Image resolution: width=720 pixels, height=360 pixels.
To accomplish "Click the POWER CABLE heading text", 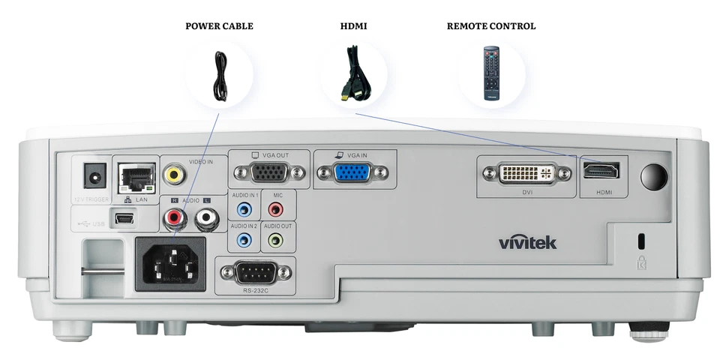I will (x=219, y=26).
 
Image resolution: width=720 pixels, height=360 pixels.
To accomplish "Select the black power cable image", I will (x=219, y=75).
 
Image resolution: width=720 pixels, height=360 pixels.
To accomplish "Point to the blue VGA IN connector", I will (x=352, y=173).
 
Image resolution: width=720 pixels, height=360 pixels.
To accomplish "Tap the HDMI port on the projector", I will (x=601, y=171).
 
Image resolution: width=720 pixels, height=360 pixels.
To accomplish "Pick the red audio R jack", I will (x=175, y=219).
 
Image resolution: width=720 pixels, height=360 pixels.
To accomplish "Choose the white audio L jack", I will (x=205, y=219).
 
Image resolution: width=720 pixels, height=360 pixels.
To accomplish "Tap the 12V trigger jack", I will (x=94, y=178).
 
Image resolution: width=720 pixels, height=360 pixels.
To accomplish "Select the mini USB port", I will (x=124, y=219).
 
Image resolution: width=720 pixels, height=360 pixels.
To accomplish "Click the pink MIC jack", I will (x=276, y=209).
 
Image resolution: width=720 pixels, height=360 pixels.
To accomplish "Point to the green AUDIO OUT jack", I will (x=276, y=240).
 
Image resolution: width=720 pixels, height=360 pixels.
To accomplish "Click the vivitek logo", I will (x=528, y=242).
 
